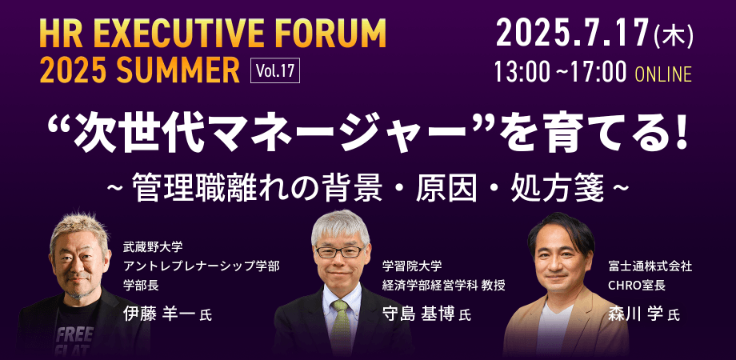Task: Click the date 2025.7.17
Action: pyautogui.click(x=571, y=33)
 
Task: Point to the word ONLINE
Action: pyautogui.click(x=662, y=74)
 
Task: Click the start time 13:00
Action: pyautogui.click(x=521, y=73)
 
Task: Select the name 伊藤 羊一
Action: pyautogui.click(x=158, y=313)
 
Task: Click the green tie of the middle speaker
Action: pyautogui.click(x=342, y=320)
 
